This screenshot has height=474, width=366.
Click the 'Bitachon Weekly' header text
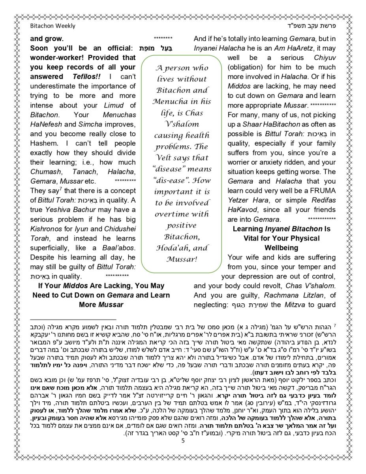point(53,26)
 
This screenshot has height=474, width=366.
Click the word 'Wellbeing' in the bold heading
point(281,248)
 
